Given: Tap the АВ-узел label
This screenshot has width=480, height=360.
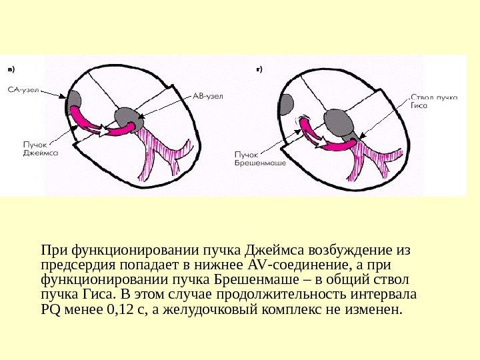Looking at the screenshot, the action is pyautogui.click(x=208, y=96).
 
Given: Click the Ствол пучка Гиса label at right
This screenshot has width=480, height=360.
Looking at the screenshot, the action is pyautogui.click(x=433, y=101).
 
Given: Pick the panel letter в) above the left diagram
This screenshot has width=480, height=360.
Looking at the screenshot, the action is pyautogui.click(x=11, y=69).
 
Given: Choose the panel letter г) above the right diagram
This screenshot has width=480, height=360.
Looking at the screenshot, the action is pyautogui.click(x=259, y=69).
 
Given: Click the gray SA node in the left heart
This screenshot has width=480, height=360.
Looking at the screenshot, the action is pyautogui.click(x=73, y=101).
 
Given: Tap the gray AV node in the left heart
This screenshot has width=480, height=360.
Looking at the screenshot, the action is pyautogui.click(x=127, y=118).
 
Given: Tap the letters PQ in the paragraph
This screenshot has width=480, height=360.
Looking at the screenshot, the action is pyautogui.click(x=50, y=310).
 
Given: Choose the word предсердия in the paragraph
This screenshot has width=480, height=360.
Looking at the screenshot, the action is pyautogui.click(x=75, y=265).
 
